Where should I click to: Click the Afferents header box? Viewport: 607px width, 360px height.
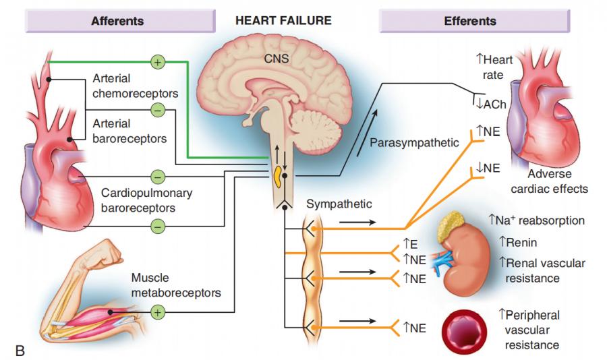pyautogui.click(x=117, y=21)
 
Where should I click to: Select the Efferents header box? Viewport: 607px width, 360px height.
pyautogui.click(x=470, y=21)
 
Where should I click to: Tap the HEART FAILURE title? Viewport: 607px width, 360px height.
pyautogui.click(x=283, y=20)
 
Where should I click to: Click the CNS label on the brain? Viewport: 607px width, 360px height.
pyautogui.click(x=276, y=59)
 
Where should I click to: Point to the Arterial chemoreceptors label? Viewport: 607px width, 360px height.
pyautogui.click(x=135, y=87)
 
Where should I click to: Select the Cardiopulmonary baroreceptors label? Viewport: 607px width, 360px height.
pyautogui.click(x=146, y=200)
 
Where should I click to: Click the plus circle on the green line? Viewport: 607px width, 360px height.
pyautogui.click(x=157, y=63)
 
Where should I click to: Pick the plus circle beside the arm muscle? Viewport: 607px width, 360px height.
pyautogui.click(x=157, y=311)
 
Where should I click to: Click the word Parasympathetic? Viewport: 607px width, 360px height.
pyautogui.click(x=414, y=142)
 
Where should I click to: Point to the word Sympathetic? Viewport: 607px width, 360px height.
pyautogui.click(x=339, y=203)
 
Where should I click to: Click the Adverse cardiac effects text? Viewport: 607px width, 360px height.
pyautogui.click(x=549, y=182)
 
